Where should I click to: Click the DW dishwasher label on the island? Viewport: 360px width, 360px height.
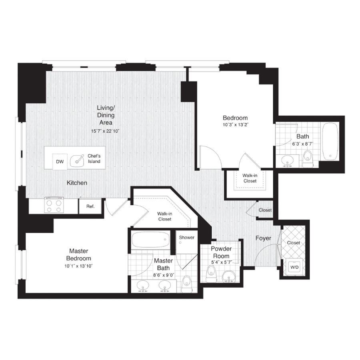point(60,162)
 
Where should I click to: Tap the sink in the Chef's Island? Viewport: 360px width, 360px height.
point(77,161)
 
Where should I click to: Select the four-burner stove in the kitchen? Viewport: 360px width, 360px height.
point(54,204)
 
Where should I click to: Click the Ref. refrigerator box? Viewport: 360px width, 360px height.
point(90,206)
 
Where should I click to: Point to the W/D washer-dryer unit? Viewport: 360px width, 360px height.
point(294,267)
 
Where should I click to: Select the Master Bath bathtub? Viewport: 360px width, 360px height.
point(151,240)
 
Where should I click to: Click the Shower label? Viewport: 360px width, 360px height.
point(187,237)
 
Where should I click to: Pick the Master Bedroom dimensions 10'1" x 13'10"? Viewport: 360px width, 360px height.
point(78,266)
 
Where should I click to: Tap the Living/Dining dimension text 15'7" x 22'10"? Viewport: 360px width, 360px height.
point(105,131)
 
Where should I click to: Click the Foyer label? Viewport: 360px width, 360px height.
point(263,238)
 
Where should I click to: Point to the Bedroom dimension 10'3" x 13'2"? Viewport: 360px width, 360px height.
point(235,125)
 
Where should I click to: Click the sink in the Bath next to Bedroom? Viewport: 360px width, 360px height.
point(287,161)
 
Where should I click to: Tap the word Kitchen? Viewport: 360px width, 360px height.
point(77,183)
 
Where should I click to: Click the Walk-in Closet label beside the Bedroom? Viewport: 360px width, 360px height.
point(250,178)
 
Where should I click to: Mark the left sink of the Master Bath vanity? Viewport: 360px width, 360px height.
point(143,286)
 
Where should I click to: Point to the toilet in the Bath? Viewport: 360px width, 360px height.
point(308,159)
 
